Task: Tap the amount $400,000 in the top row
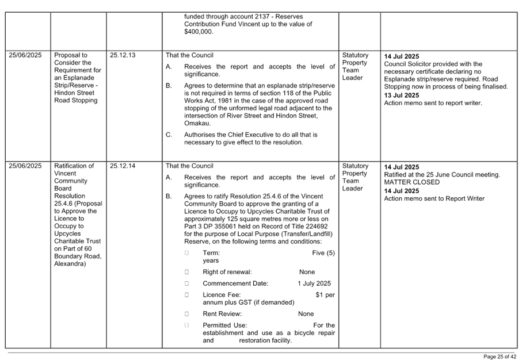198,32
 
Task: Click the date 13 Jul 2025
401,95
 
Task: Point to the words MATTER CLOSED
411,182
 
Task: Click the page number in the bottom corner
500,356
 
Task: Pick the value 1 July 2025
314,284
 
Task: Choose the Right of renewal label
227,271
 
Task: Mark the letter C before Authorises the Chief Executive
168,135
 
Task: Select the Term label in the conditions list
211,253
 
